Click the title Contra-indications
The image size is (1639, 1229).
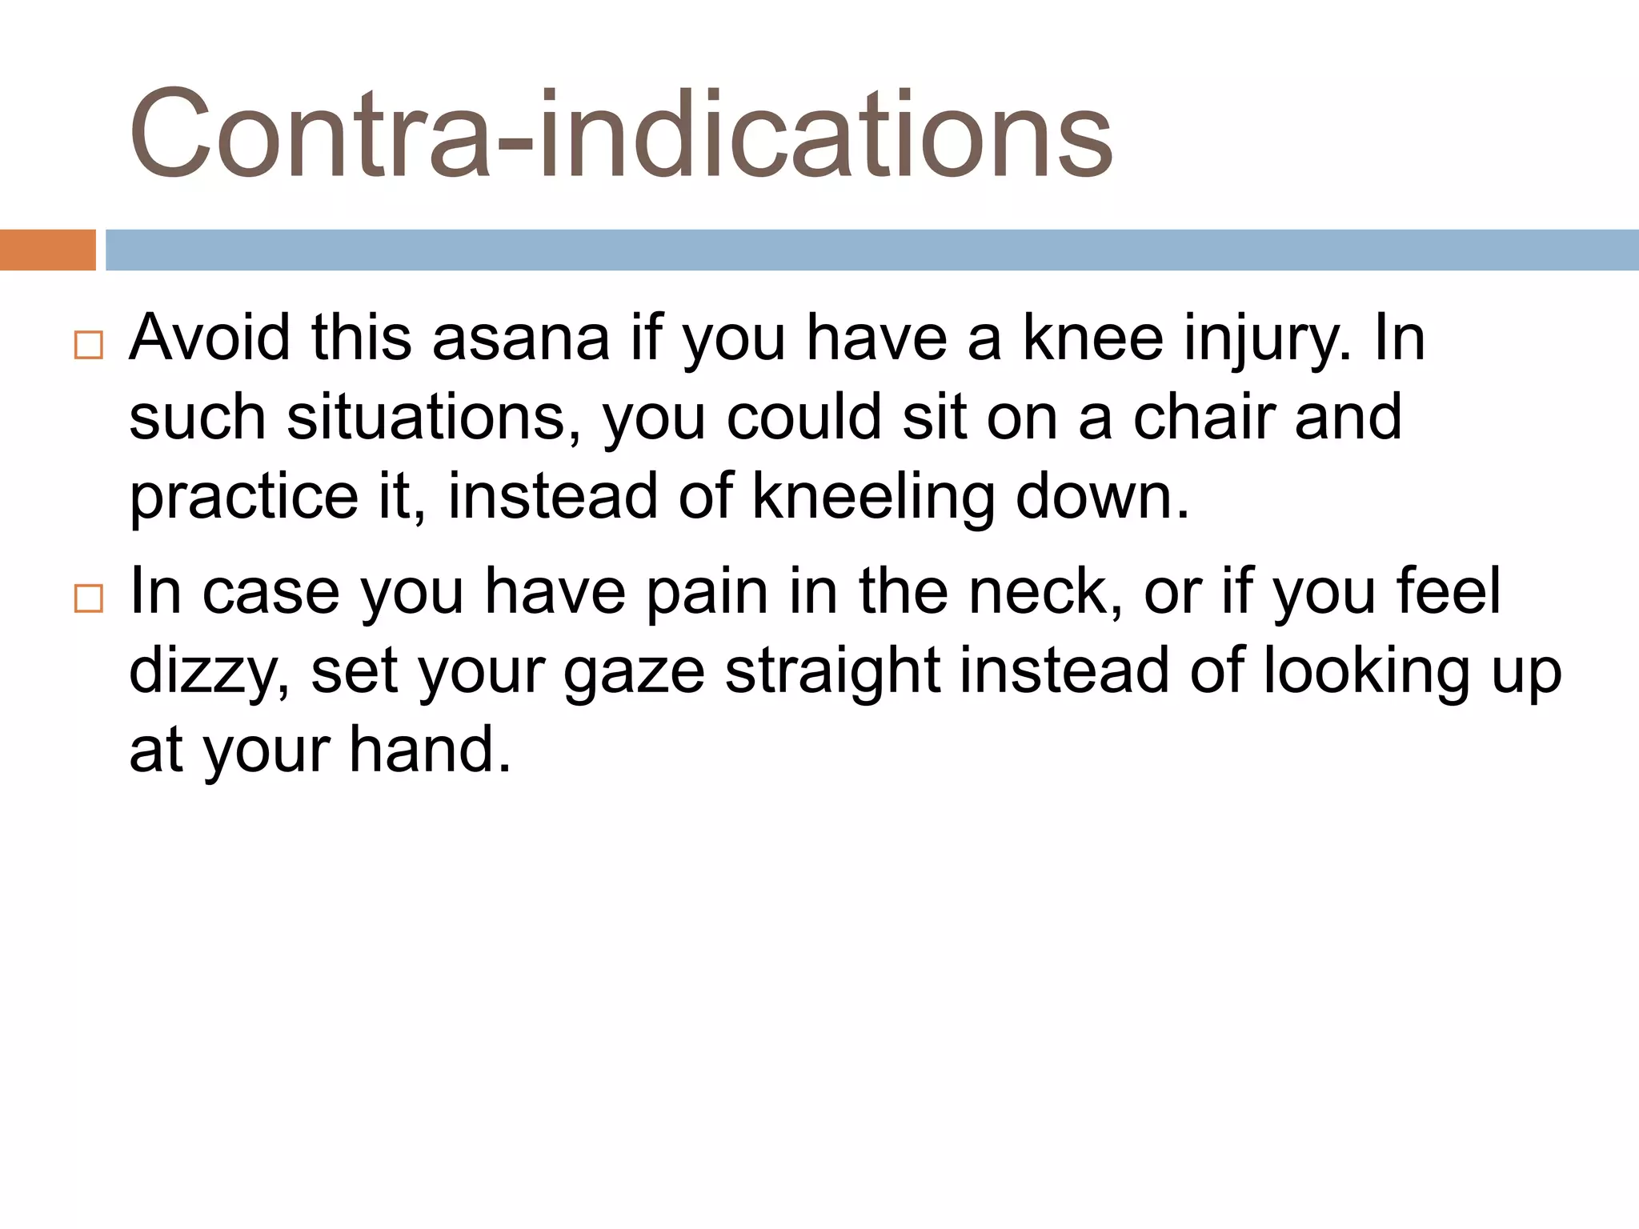point(621,134)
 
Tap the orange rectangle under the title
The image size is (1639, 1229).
point(47,250)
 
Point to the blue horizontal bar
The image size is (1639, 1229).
point(871,250)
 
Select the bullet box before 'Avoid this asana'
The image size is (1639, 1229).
point(88,345)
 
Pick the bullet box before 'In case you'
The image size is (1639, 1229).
point(88,598)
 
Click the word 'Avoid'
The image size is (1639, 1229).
point(210,338)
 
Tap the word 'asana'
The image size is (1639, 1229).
point(521,338)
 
